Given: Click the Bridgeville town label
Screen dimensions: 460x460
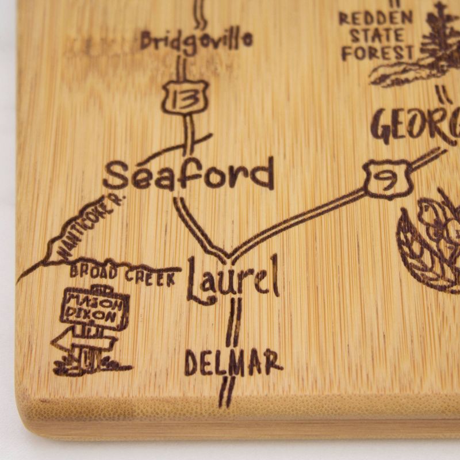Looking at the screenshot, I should point(196,41).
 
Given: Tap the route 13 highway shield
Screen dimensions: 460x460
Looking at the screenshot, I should point(184,97).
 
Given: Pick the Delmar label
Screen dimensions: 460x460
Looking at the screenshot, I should point(233,362).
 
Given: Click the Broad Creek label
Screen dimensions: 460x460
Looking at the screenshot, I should point(122,275).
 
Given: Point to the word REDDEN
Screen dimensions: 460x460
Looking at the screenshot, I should point(375,18).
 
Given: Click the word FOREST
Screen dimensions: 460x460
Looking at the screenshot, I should point(377,53).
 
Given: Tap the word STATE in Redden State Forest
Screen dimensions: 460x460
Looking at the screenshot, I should point(376,36).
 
